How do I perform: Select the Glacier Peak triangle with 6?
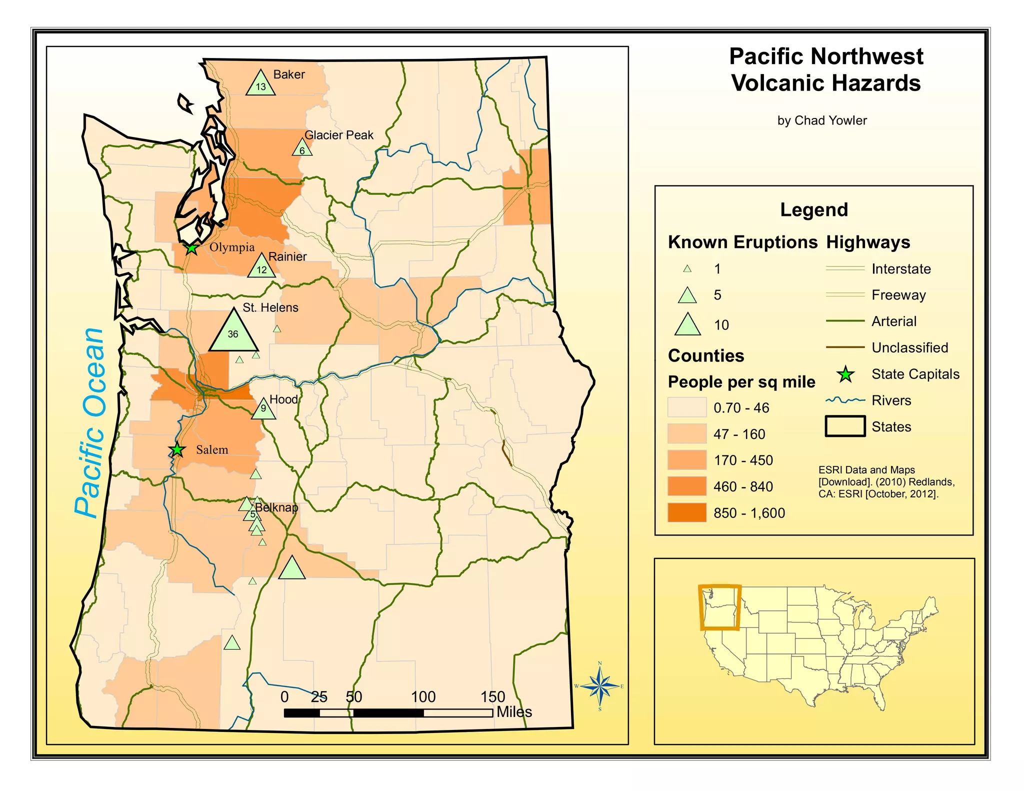302,149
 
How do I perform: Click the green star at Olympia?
191,248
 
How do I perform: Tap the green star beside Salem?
177,449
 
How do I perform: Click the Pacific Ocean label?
90,423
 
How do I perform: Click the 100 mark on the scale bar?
423,696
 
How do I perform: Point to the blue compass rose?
600,686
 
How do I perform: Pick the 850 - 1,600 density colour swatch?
687,512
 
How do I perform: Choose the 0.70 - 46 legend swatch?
687,407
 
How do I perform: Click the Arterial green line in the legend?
845,321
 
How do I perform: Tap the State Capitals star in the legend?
845,374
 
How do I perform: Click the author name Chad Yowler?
821,120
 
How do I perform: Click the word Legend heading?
813,209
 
